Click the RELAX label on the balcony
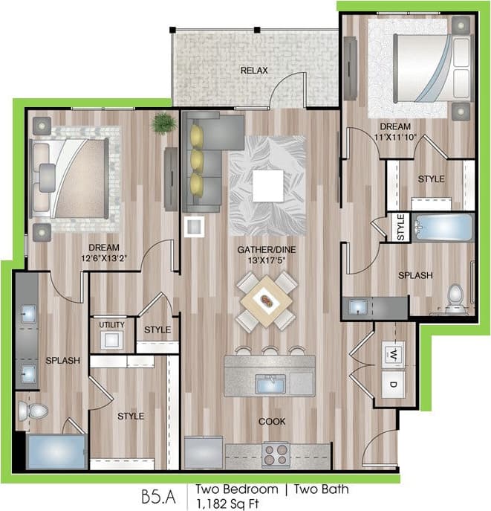tap(254, 71)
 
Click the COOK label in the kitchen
tap(272, 421)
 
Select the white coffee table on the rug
tap(267, 185)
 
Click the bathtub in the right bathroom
tap(442, 228)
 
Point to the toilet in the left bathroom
tap(34, 410)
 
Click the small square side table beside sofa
tap(195, 226)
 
